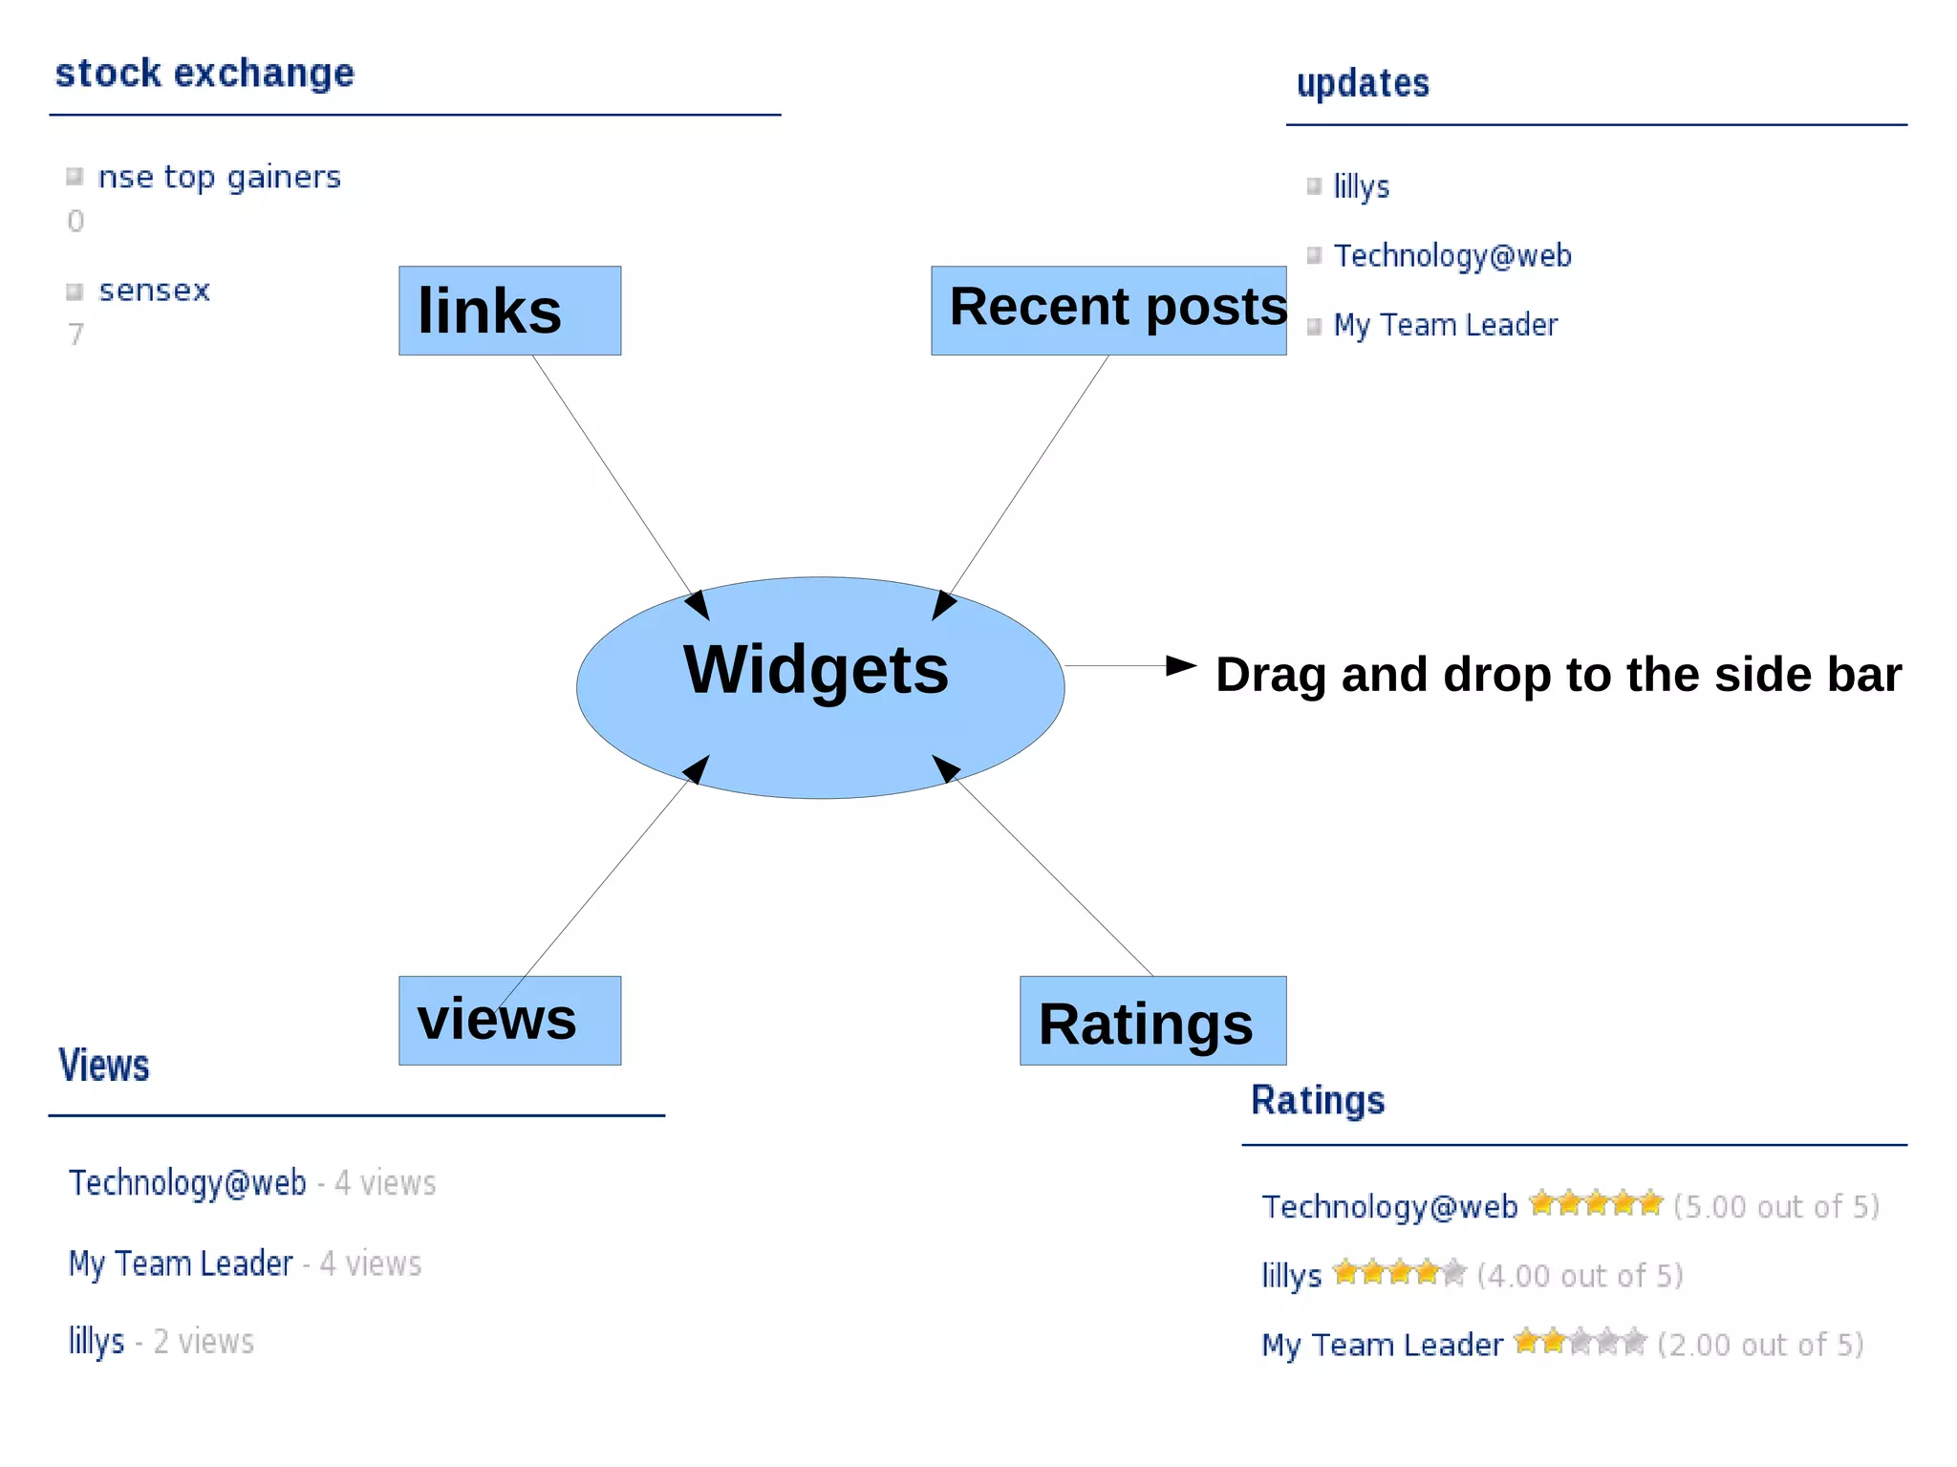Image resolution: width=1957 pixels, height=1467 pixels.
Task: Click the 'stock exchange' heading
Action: click(204, 74)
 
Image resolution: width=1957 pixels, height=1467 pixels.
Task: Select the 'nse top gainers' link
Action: click(219, 178)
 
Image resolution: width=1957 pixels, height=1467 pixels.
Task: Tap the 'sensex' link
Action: click(154, 291)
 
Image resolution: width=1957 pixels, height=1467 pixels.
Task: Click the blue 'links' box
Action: click(509, 311)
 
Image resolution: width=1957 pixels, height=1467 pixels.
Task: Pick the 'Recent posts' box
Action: click(1108, 310)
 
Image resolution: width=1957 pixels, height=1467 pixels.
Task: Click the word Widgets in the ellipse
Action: click(816, 669)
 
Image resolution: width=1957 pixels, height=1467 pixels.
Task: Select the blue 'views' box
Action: click(509, 1020)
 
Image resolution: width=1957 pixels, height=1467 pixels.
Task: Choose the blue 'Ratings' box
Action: click(1152, 1021)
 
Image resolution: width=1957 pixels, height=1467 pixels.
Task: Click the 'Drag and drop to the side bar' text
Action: click(1558, 675)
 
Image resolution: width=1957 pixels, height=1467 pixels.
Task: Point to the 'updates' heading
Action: click(1363, 84)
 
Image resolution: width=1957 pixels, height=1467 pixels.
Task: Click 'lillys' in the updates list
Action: click(1361, 186)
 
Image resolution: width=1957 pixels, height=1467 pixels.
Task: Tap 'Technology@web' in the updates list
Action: click(1452, 256)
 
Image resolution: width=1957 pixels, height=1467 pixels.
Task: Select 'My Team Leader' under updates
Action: click(1445, 326)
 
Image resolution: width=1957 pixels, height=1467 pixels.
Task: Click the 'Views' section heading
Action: click(104, 1066)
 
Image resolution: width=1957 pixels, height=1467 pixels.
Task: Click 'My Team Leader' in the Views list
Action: click(181, 1264)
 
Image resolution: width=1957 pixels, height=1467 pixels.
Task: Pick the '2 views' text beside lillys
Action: click(204, 1342)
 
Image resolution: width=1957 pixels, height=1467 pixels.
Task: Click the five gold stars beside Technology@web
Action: click(1595, 1203)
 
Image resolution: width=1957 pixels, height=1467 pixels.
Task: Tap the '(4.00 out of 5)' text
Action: click(1580, 1276)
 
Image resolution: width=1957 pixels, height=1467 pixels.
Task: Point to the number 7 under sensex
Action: click(75, 334)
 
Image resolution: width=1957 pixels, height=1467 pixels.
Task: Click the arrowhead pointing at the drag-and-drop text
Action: click(1181, 665)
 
